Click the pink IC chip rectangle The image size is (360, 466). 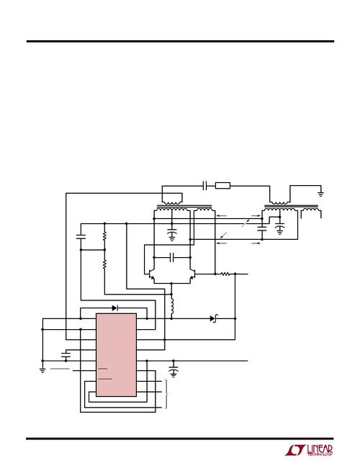tap(116, 354)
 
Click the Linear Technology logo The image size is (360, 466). tap(309, 451)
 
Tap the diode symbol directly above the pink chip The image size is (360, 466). tap(115, 308)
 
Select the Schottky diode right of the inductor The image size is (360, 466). tap(214, 318)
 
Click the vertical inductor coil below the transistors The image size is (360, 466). tap(171, 306)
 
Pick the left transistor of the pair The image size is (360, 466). tap(152, 274)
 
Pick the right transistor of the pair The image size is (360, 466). tap(192, 274)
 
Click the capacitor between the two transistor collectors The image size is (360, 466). tap(172, 257)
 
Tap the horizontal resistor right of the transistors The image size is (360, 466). tap(225, 274)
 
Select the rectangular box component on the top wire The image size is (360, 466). tap(222, 186)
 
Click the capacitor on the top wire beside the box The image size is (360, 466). tap(204, 186)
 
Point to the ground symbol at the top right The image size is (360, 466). tap(321, 194)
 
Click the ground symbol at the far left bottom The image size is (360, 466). tap(42, 370)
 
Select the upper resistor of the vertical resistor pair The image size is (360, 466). tap(104, 236)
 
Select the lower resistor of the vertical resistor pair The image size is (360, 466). tap(104, 264)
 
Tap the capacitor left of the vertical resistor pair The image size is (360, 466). tap(81, 237)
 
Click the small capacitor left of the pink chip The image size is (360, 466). tap(66, 354)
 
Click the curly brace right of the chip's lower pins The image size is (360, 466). tap(166, 394)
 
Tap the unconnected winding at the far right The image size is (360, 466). tap(311, 212)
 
